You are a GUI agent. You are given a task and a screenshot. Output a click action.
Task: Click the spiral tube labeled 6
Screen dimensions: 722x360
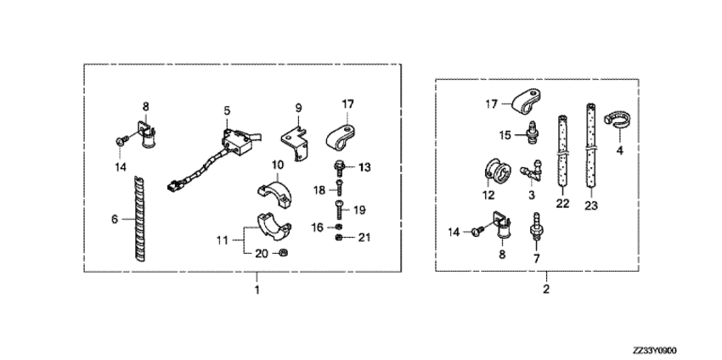click(x=140, y=219)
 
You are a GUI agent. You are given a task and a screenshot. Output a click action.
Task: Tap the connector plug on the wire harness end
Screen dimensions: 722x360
click(x=174, y=187)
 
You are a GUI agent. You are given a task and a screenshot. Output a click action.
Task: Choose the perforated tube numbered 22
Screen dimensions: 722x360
click(x=562, y=150)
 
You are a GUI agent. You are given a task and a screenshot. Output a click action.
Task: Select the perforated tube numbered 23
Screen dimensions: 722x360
click(x=591, y=146)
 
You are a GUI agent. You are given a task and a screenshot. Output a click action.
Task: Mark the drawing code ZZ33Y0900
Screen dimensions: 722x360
click(x=654, y=351)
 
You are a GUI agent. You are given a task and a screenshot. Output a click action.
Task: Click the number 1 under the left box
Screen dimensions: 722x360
click(x=257, y=290)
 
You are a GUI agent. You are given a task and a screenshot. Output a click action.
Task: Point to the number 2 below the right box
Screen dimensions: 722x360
click(x=546, y=290)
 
